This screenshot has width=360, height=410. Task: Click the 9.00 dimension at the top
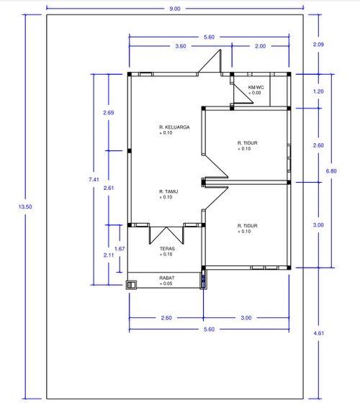click(175, 9)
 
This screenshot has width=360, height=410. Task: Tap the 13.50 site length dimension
click(25, 206)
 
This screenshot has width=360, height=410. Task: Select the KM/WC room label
click(256, 87)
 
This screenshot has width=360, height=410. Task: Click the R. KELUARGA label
click(174, 127)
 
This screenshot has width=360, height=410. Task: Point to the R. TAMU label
click(168, 191)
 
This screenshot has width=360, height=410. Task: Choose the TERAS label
click(167, 249)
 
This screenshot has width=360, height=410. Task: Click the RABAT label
click(167, 278)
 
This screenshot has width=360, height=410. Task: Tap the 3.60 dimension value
click(181, 46)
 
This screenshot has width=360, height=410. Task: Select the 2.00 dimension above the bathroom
click(260, 46)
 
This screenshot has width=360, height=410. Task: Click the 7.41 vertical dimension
click(94, 179)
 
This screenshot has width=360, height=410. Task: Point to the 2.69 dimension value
click(109, 113)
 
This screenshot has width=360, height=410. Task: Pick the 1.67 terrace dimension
click(120, 249)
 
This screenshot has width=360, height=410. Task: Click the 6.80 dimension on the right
click(331, 171)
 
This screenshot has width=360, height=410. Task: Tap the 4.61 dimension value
click(319, 333)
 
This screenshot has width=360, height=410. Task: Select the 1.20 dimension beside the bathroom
click(318, 91)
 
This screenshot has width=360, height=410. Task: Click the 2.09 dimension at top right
click(318, 45)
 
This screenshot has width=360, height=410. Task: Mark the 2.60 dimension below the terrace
click(166, 318)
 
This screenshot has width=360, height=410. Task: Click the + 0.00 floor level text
click(254, 93)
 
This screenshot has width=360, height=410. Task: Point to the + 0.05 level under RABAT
click(166, 283)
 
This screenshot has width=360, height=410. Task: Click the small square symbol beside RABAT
click(131, 285)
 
